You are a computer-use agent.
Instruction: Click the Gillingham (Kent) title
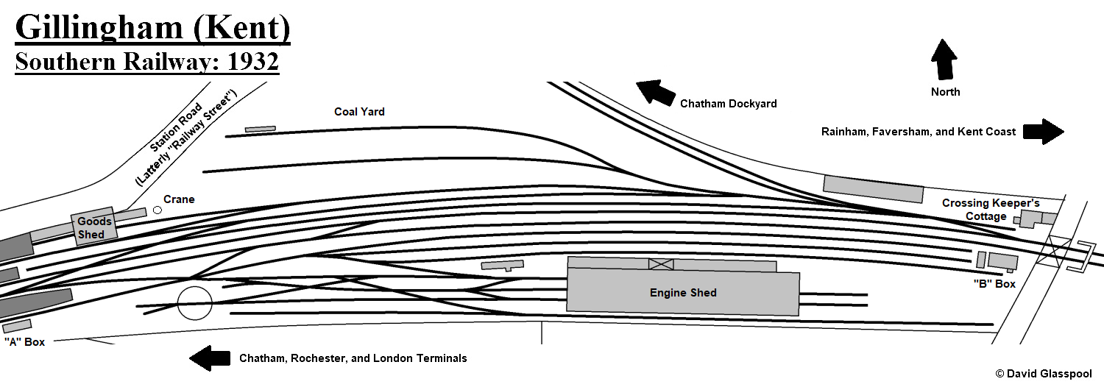(x=152, y=29)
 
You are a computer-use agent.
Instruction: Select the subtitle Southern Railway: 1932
(x=146, y=62)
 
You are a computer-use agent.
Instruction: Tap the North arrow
(x=944, y=60)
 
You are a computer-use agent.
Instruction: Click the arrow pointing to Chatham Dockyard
(x=655, y=93)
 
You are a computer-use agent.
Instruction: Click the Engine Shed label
(x=683, y=293)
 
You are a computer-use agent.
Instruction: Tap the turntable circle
(x=195, y=303)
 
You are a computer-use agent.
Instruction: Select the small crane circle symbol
(x=157, y=210)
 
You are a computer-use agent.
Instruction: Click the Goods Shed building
(x=94, y=227)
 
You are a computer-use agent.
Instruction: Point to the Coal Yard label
(x=359, y=112)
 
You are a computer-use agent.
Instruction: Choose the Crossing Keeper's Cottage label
(x=991, y=210)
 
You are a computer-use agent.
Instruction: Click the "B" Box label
(x=994, y=284)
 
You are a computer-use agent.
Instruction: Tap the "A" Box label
(x=24, y=342)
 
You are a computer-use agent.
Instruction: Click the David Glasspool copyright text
(x=1044, y=374)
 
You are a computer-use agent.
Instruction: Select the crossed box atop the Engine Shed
(x=661, y=264)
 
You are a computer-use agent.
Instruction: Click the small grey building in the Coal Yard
(x=260, y=129)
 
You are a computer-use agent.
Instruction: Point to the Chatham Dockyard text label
(x=728, y=104)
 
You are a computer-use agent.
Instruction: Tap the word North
(x=945, y=92)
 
